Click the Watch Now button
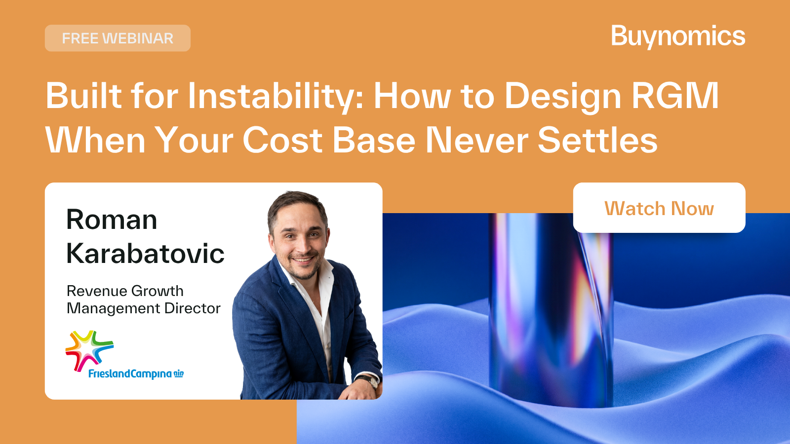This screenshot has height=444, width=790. (659, 208)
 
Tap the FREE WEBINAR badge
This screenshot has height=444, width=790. (118, 38)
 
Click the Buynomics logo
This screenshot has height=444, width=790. (678, 37)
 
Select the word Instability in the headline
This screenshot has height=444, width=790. (275, 96)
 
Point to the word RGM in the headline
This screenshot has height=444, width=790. (675, 96)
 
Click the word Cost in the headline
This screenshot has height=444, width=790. (282, 140)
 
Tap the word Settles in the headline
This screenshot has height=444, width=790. (597, 140)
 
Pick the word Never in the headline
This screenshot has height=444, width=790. (477, 140)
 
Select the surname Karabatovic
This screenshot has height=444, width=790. (145, 253)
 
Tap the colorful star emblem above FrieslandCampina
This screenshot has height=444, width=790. (89, 351)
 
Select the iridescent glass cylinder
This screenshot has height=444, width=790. (551, 310)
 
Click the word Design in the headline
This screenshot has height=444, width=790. (563, 96)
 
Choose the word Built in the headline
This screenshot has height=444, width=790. (84, 96)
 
